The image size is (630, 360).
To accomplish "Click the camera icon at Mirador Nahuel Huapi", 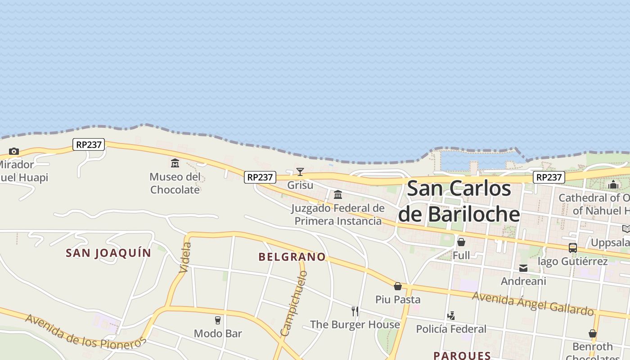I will pos(14,151).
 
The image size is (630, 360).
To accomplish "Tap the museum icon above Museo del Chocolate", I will pos(175,163).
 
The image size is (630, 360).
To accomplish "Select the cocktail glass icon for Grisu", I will pos(300,171).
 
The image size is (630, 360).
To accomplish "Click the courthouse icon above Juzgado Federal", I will pos(338,194).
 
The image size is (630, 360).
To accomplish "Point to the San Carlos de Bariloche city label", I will pos(459,201).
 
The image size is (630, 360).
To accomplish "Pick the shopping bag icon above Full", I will pos(461,242).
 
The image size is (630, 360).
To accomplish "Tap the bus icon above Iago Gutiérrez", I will pos(573,247).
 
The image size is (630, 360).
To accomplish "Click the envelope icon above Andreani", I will pos(523,268).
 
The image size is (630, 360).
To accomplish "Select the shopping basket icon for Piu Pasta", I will pos(398,286).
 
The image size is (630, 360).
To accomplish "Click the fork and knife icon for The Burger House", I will pos(355,311).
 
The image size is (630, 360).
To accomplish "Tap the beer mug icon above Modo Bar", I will pos(218,320).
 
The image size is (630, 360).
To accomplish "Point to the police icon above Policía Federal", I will pos(451,316).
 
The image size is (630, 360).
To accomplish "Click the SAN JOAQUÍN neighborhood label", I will pos(108,253).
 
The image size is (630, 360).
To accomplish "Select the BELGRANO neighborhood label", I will pos(292,257).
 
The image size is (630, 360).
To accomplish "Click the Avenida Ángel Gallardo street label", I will pos(533,303).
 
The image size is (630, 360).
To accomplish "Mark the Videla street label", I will pos(185,257).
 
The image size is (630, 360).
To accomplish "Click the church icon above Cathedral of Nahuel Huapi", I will pos(613,184).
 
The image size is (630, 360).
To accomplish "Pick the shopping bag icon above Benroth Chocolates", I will pos(593,333).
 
